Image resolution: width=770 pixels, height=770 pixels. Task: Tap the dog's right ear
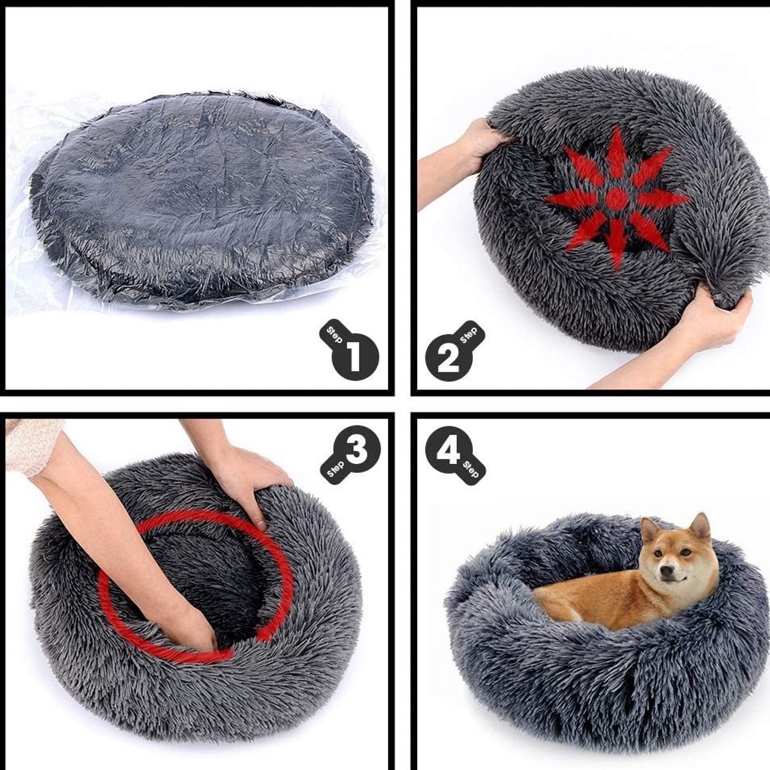[650, 530]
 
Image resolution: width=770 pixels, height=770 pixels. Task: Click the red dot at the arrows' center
[617, 198]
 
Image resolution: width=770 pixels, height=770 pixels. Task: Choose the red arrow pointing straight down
[617, 244]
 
